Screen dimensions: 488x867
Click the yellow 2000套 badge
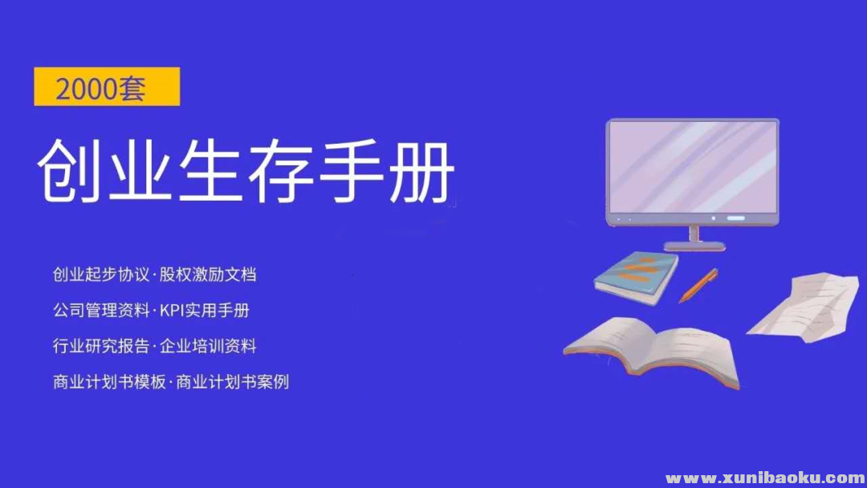[107, 87]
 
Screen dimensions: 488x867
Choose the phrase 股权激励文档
[208, 274]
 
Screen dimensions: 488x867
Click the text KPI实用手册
[210, 311]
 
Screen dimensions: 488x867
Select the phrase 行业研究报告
[100, 347]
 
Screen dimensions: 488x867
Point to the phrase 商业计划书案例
[232, 382]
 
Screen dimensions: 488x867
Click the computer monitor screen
[692, 167]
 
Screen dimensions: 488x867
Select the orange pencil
[698, 286]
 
